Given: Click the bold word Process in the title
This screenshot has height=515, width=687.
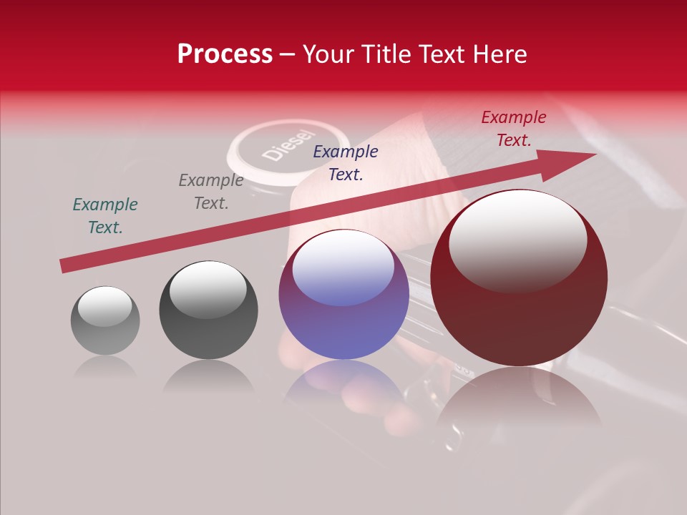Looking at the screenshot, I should pyautogui.click(x=225, y=54).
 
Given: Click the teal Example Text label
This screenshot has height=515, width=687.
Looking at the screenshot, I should pyautogui.click(x=105, y=216).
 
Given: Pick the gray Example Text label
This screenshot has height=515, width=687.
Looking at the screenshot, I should pyautogui.click(x=211, y=192).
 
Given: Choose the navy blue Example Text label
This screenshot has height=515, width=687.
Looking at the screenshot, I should pyautogui.click(x=346, y=163).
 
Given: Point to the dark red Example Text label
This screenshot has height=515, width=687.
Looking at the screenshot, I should pyautogui.click(x=514, y=129).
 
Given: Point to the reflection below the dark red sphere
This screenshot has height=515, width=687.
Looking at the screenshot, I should pyautogui.click(x=519, y=397).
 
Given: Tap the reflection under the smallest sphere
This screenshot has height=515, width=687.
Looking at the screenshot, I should pyautogui.click(x=105, y=367).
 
